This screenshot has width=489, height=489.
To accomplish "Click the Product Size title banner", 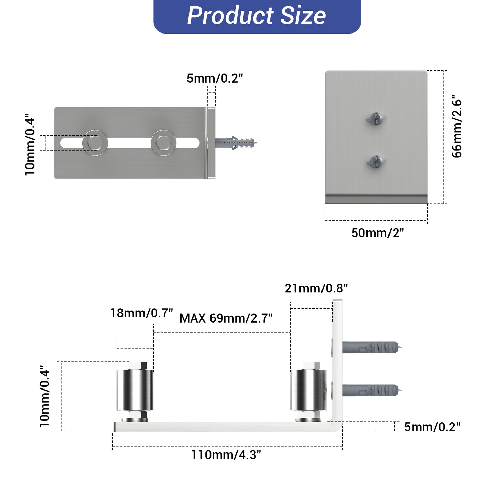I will pos(257,16).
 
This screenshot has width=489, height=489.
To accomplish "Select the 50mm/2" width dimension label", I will pos(378,233).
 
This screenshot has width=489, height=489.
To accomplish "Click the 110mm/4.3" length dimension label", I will pos(226,454).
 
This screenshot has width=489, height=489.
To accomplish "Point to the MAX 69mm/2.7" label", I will pos(226,318).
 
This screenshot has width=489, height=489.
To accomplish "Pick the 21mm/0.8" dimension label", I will pos(316,288).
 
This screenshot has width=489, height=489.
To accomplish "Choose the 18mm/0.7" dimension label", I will pos(141,313).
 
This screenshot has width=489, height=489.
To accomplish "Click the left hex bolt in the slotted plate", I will pos(95,143).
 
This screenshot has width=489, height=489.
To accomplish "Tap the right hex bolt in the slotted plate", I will pos(163,143).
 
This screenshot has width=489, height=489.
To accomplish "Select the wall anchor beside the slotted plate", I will pos(236,143).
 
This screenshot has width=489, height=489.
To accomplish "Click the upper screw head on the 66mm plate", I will pos(376,119).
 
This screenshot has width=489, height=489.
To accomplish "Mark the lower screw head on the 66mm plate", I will pos(376,162).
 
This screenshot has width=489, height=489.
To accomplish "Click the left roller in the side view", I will pos(135,390).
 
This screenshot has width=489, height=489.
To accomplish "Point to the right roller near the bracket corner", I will pos(309,390).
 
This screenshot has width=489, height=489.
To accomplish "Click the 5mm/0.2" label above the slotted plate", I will pos(215,78).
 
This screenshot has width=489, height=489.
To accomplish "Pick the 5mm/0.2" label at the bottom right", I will pos(432,427).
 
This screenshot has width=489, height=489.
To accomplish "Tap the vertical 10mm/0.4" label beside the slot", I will pos(30,145).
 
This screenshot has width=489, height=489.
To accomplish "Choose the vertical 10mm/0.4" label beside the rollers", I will pos(45,396).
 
